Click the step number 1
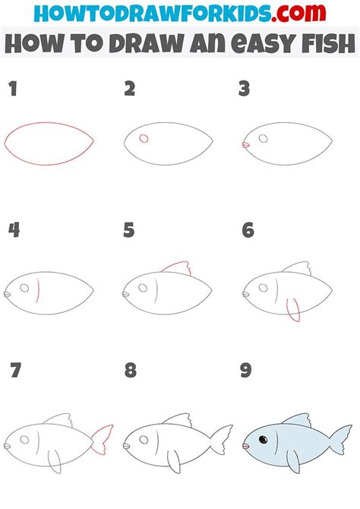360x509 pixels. [12, 90]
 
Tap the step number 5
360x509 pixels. [129, 229]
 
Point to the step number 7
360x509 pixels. [15, 371]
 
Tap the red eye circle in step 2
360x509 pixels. [144, 138]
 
